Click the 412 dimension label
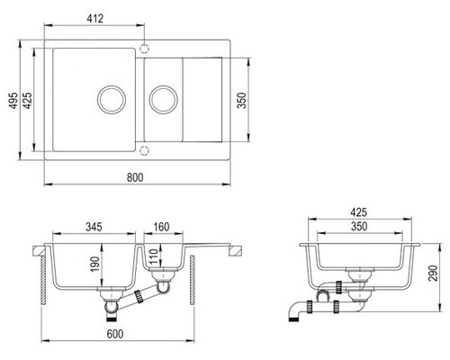point(95,19)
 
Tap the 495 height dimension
point(13,100)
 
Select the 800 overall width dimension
point(135,177)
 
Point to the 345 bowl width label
point(94,227)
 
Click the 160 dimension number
point(161,227)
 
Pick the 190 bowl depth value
point(95,264)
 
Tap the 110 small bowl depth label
point(153,256)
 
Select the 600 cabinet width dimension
point(115,334)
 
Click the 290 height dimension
point(433,273)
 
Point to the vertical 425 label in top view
point(28,100)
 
